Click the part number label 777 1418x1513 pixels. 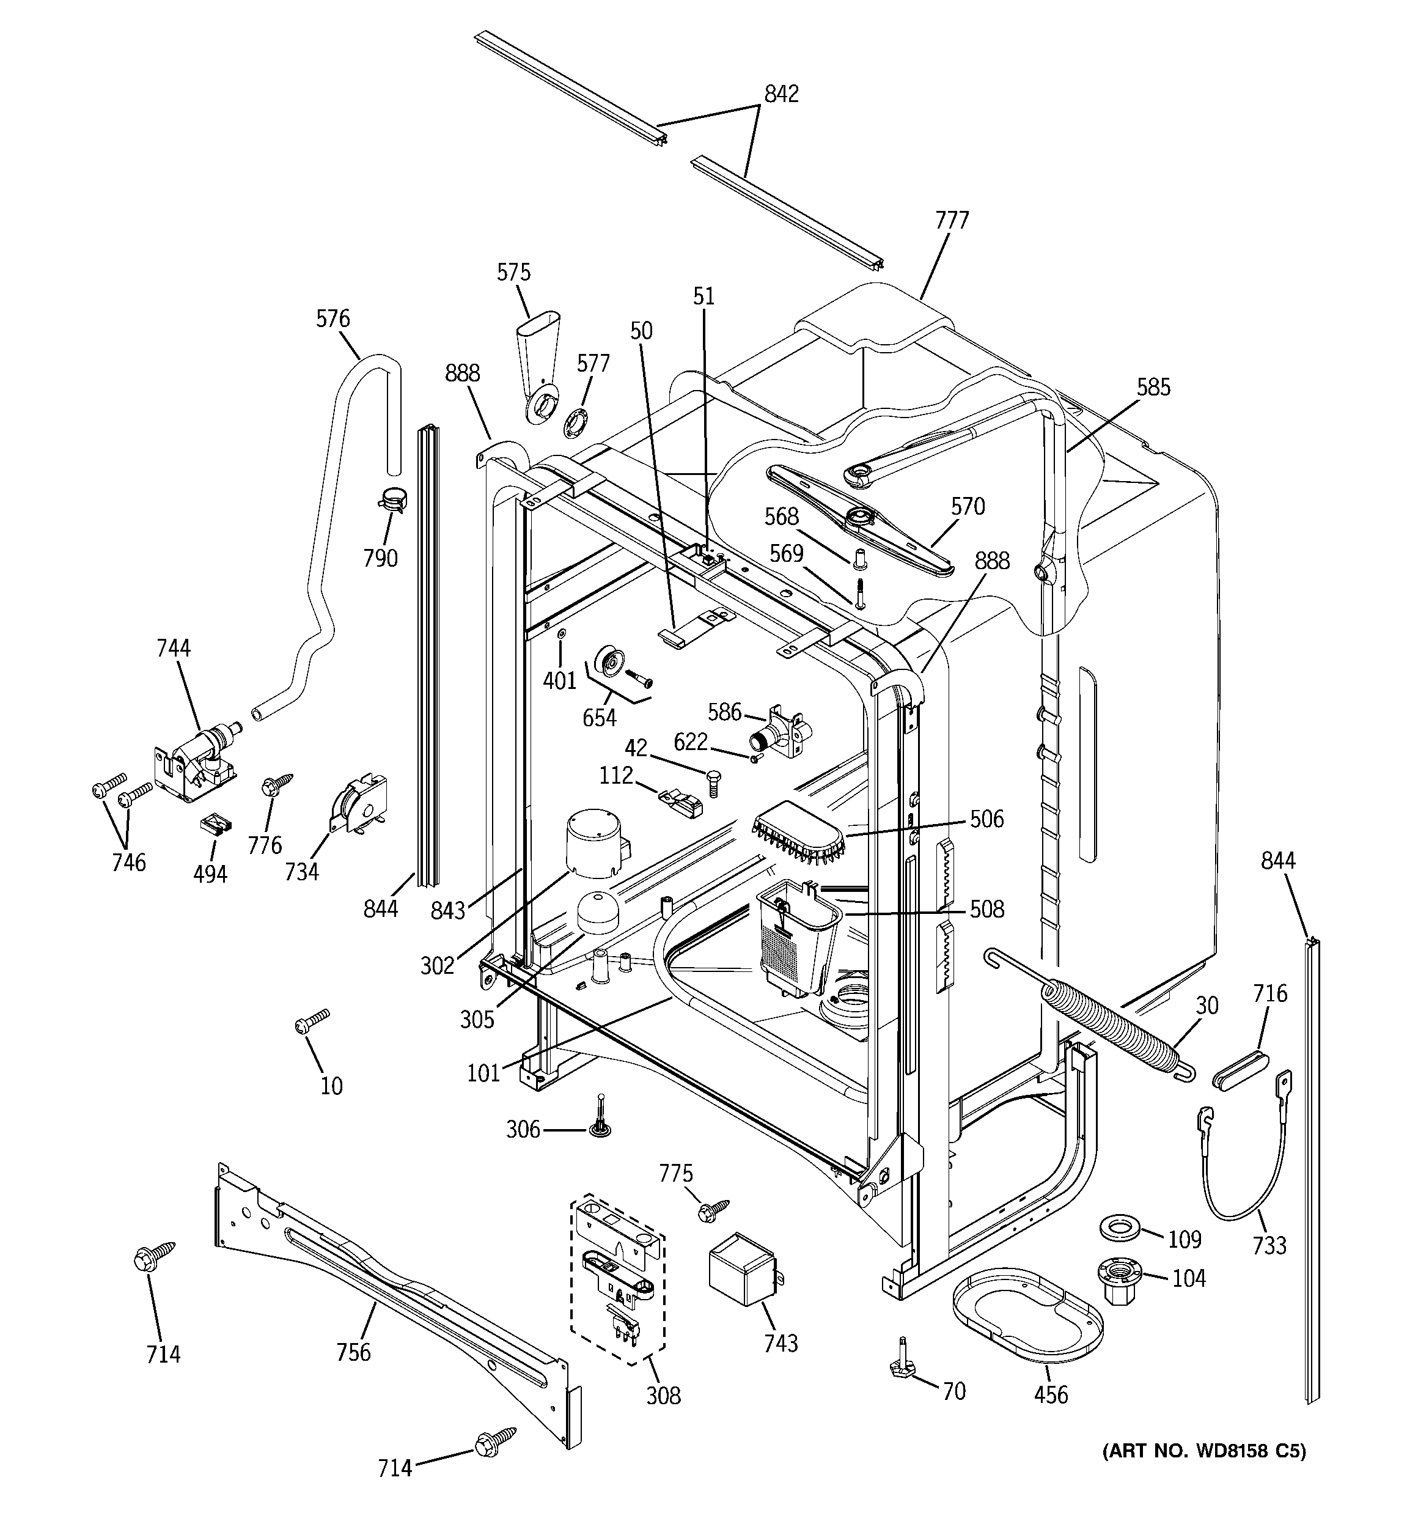(x=952, y=221)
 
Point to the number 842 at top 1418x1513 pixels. (x=781, y=94)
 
